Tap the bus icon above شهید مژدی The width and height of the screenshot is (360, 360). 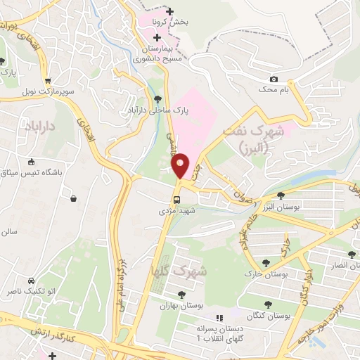click(x=176, y=199)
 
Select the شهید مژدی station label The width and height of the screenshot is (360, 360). click(x=176, y=210)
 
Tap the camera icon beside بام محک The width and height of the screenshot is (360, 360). click(x=274, y=79)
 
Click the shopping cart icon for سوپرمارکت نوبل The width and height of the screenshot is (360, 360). click(x=47, y=81)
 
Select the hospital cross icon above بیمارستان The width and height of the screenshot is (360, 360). click(x=156, y=36)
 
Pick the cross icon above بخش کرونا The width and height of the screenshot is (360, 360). click(x=169, y=11)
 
